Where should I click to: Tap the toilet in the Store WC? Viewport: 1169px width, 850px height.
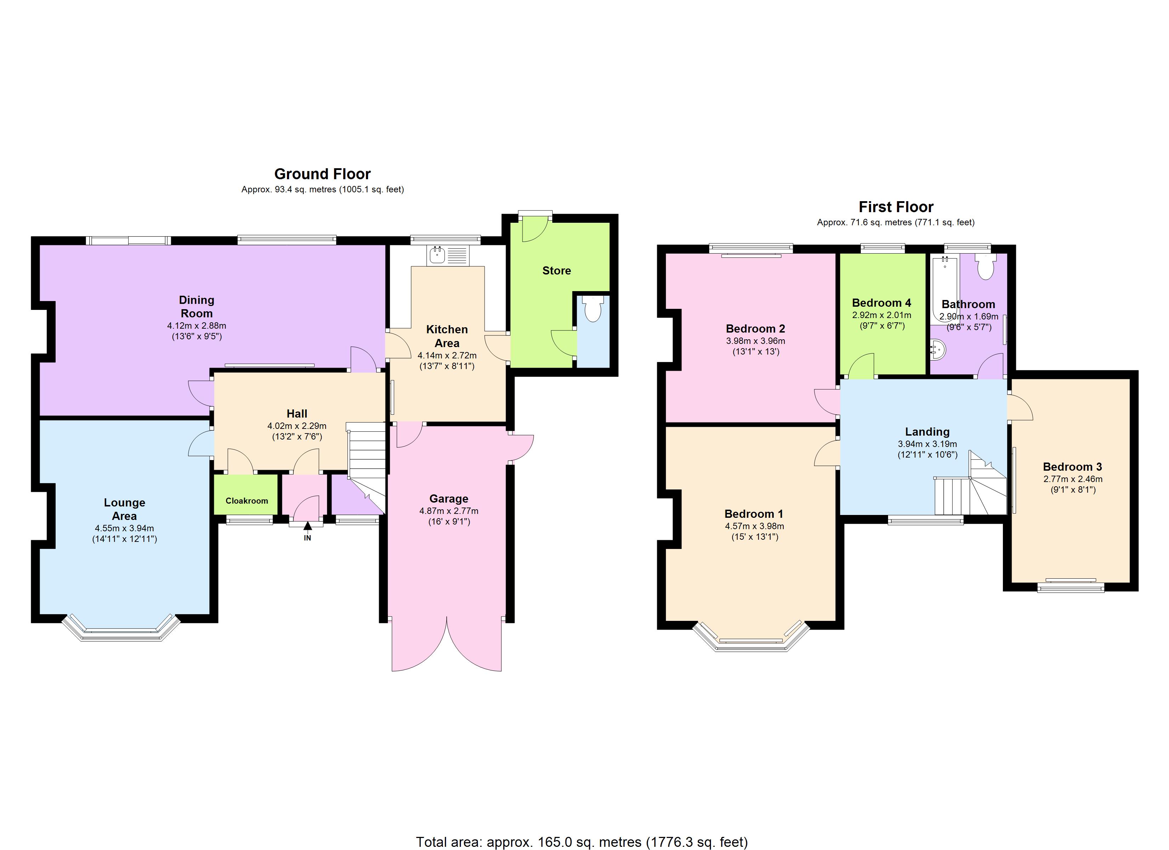(x=593, y=309)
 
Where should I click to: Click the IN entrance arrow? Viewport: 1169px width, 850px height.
(x=308, y=526)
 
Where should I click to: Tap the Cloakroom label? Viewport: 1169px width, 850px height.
(x=247, y=500)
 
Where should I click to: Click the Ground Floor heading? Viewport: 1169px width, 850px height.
(x=322, y=174)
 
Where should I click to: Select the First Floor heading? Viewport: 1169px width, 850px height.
(x=896, y=207)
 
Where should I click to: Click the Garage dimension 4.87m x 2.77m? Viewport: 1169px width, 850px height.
(x=448, y=511)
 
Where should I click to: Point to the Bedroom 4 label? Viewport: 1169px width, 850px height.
(x=881, y=302)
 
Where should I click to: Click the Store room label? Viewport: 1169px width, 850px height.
(x=556, y=271)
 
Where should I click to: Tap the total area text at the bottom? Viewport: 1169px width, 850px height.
(x=581, y=842)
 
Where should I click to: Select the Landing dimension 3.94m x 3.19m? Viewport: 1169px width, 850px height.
(x=927, y=444)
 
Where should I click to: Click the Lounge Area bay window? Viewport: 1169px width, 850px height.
(x=122, y=631)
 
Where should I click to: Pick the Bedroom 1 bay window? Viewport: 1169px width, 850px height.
(x=751, y=642)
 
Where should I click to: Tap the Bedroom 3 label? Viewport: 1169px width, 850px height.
(x=1072, y=466)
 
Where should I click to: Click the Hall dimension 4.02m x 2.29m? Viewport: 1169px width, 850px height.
(x=297, y=426)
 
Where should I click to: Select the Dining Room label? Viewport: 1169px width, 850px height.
(x=196, y=306)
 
